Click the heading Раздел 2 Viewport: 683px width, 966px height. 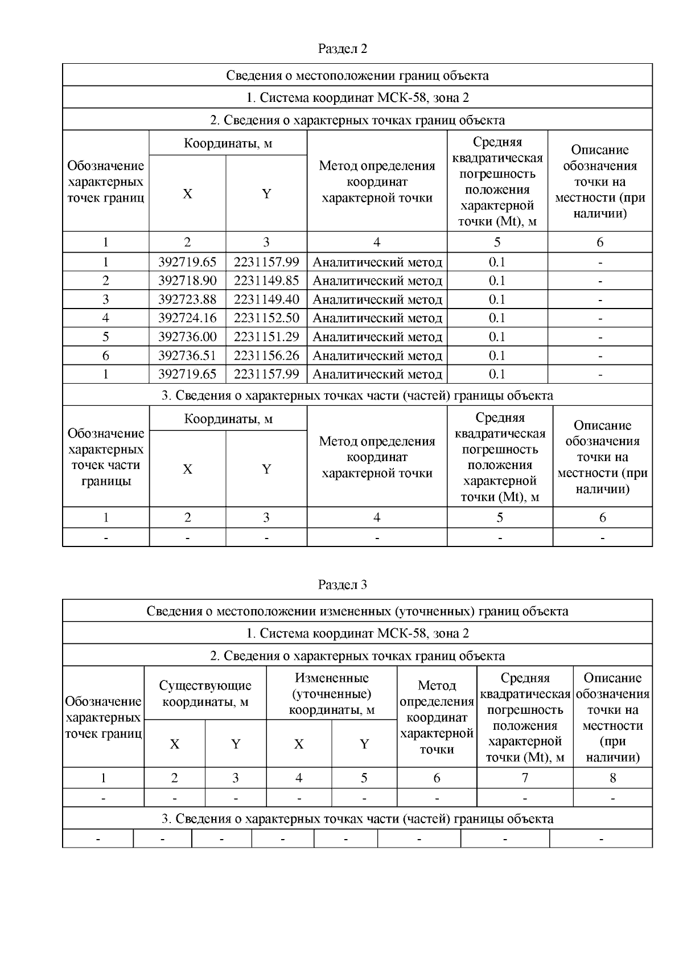click(342, 48)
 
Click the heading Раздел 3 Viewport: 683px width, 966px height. click(342, 584)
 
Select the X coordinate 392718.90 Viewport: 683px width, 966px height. click(187, 281)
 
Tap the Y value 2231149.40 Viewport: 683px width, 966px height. click(266, 299)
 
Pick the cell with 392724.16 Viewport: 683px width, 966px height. click(187, 318)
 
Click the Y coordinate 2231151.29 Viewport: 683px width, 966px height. click(266, 336)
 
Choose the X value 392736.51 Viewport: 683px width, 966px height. click(187, 355)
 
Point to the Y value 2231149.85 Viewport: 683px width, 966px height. click(266, 281)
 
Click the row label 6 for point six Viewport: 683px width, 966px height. click(106, 355)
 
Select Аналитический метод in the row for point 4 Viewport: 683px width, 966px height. click(377, 318)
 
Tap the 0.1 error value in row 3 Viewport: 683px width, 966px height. click(497, 299)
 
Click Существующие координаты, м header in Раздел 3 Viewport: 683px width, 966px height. click(205, 693)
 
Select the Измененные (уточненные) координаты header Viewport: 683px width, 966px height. click(331, 693)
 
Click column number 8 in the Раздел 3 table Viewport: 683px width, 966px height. click(612, 778)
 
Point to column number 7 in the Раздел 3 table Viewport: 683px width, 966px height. click(525, 778)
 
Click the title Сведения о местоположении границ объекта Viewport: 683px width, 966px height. click(357, 75)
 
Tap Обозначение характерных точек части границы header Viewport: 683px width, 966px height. click(106, 457)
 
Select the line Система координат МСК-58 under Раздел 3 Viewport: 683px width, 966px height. click(357, 633)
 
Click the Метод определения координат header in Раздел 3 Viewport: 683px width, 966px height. click(437, 717)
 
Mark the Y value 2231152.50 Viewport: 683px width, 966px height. click(266, 318)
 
